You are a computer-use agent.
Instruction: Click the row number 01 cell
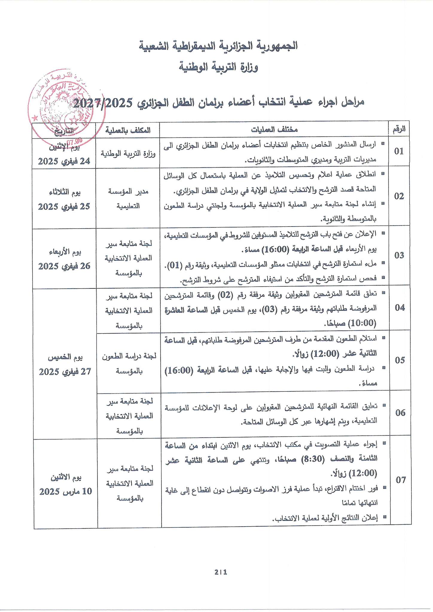click(399, 152)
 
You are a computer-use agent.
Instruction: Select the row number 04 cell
click(400, 308)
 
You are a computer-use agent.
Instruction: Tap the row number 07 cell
click(400, 480)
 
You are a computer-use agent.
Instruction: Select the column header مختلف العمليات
click(274, 130)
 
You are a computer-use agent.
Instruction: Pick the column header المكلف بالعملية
click(128, 130)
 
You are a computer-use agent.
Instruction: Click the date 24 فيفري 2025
click(64, 161)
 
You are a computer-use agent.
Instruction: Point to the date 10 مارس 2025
click(65, 492)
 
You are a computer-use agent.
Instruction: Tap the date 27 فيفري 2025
click(65, 372)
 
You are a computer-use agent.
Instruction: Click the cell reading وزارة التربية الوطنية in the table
click(128, 154)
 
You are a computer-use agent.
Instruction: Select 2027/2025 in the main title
click(103, 103)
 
